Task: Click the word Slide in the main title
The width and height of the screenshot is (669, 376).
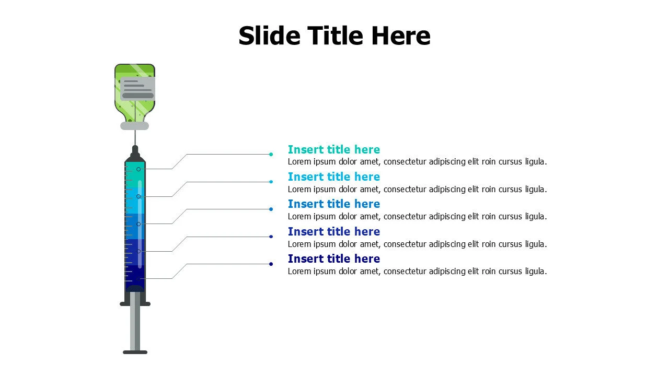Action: [x=269, y=36]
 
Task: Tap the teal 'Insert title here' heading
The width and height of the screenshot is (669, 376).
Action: [x=333, y=149]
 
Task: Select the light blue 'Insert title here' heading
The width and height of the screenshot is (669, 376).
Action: [x=333, y=177]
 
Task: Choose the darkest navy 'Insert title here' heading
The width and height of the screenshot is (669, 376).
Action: [x=333, y=258]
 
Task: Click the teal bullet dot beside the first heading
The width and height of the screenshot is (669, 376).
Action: [x=271, y=154]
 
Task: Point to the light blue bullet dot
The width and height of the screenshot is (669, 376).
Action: [x=271, y=182]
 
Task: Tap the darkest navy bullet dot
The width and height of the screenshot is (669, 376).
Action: [x=271, y=264]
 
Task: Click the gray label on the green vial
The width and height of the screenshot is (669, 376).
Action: [x=137, y=89]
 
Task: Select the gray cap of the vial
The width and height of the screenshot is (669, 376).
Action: [x=134, y=126]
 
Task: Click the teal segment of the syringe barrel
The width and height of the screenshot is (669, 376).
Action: [x=135, y=174]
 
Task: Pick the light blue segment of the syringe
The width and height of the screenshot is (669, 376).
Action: [x=135, y=200]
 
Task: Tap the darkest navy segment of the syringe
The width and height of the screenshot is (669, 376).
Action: [x=135, y=277]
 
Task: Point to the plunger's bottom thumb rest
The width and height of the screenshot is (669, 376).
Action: [x=135, y=352]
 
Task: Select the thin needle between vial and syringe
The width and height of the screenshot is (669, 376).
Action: [x=135, y=138]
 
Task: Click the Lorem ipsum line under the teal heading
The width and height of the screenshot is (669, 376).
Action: [x=417, y=162]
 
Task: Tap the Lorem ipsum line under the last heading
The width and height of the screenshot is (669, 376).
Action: [x=417, y=271]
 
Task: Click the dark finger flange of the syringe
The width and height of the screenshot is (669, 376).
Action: [x=135, y=304]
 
